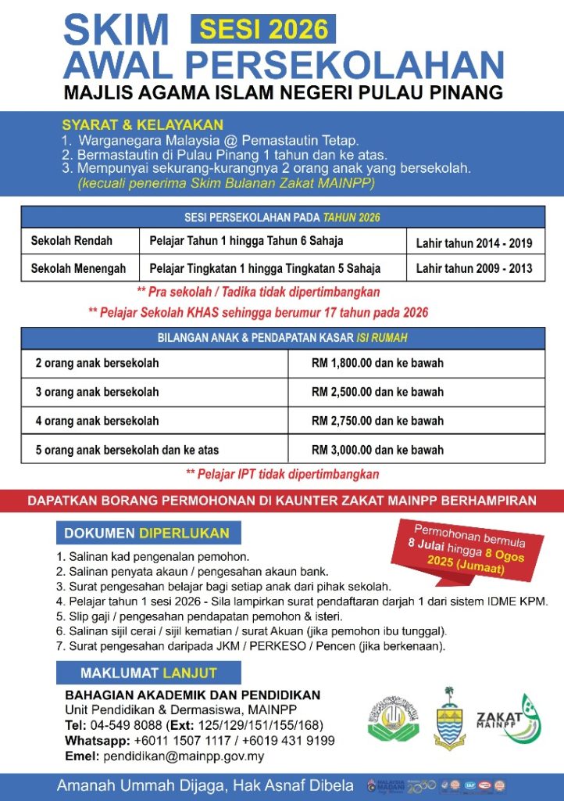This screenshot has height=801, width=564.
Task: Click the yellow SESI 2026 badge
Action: point(263,30)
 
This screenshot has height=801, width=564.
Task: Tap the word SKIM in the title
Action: point(116,31)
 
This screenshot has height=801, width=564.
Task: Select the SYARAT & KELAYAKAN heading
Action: point(142,124)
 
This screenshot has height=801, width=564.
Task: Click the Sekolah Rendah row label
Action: point(72,241)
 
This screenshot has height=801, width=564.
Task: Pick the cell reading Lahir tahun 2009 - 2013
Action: point(474,268)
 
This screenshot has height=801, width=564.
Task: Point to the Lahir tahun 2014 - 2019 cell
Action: point(474,243)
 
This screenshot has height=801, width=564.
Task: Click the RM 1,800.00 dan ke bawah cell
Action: point(377,363)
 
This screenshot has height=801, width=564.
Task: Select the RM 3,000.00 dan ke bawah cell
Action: point(377,450)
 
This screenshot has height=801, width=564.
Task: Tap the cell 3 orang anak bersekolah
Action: point(97,392)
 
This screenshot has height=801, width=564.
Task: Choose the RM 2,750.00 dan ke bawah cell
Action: point(377,421)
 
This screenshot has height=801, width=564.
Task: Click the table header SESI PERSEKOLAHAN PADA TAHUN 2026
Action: point(282,217)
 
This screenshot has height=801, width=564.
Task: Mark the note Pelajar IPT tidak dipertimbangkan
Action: point(282,474)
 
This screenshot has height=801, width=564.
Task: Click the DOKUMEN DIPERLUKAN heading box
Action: point(148,533)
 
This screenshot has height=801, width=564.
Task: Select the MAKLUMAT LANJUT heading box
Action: point(148,673)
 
